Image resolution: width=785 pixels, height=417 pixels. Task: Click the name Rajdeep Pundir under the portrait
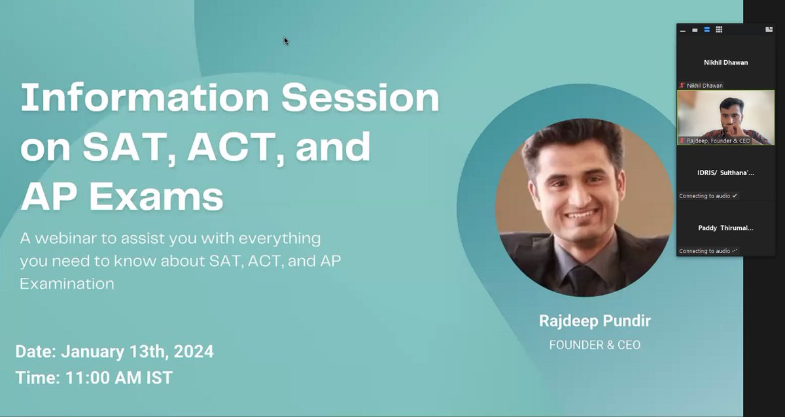coord(595,321)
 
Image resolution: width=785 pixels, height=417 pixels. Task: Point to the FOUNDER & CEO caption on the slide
coord(595,344)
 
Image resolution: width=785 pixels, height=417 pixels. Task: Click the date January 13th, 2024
coord(137,352)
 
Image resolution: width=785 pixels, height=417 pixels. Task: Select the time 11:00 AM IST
coord(119,377)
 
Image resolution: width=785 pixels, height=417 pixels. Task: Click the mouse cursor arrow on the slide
coord(286,40)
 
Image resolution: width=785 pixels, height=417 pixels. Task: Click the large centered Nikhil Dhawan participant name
coord(725,63)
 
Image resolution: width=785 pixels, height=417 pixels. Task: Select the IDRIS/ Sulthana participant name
coord(725,173)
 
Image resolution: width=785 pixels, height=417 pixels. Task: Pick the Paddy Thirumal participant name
coord(725,228)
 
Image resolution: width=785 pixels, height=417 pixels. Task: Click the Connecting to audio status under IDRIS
coord(707,196)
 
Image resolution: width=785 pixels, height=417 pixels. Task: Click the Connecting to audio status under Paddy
coord(707,251)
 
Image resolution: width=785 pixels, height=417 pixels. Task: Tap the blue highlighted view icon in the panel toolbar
coord(707,29)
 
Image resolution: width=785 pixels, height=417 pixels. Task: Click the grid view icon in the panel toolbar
coord(719,29)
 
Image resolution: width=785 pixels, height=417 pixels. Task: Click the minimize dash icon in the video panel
coord(683,30)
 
